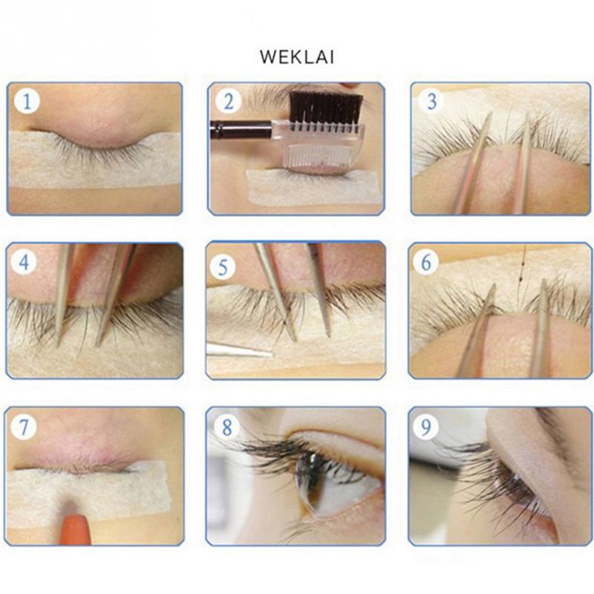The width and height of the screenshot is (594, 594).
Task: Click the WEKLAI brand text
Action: click(296, 57)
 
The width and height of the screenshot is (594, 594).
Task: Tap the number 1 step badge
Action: click(27, 101)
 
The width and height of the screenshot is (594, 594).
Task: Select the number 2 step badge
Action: click(228, 101)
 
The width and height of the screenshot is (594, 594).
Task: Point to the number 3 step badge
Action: click(431, 101)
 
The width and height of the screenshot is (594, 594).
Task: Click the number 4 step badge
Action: click(24, 262)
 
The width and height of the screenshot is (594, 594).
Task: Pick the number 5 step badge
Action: click(223, 267)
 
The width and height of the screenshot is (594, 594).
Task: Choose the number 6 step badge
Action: click(425, 262)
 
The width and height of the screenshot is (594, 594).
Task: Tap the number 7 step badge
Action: click(24, 426)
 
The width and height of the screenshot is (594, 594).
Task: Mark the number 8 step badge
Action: click(226, 426)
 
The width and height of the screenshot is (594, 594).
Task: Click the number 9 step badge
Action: click(426, 426)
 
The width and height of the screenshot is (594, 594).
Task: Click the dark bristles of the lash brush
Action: click(326, 106)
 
